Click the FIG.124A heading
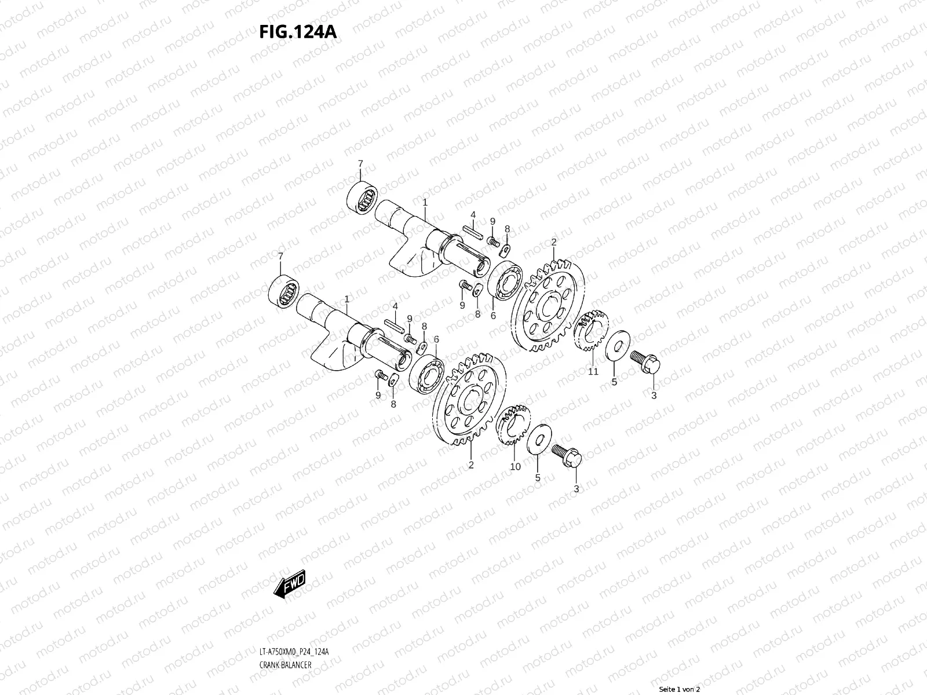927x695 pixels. coord(298,31)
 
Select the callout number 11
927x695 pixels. coord(593,371)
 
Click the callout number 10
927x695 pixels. coord(514,466)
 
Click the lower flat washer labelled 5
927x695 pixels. coord(539,440)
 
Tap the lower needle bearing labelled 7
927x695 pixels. coord(284,291)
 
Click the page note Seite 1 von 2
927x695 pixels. coord(680,689)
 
